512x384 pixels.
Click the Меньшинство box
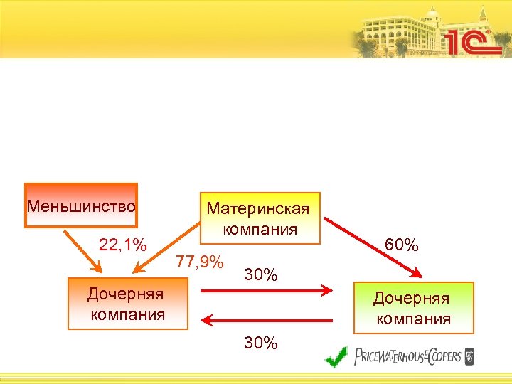(80, 206)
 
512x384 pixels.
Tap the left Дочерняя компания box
(127, 304)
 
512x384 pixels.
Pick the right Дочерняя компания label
(413, 308)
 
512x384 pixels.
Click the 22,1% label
(122, 246)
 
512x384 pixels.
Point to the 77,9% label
(200, 262)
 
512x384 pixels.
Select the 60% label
(401, 245)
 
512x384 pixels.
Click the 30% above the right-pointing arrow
(260, 274)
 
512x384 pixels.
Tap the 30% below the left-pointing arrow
(260, 343)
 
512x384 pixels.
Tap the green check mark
(336, 356)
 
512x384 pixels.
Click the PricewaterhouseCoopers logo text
(407, 356)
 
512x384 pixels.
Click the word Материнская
(257, 209)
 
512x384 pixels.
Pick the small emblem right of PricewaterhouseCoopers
(469, 356)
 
